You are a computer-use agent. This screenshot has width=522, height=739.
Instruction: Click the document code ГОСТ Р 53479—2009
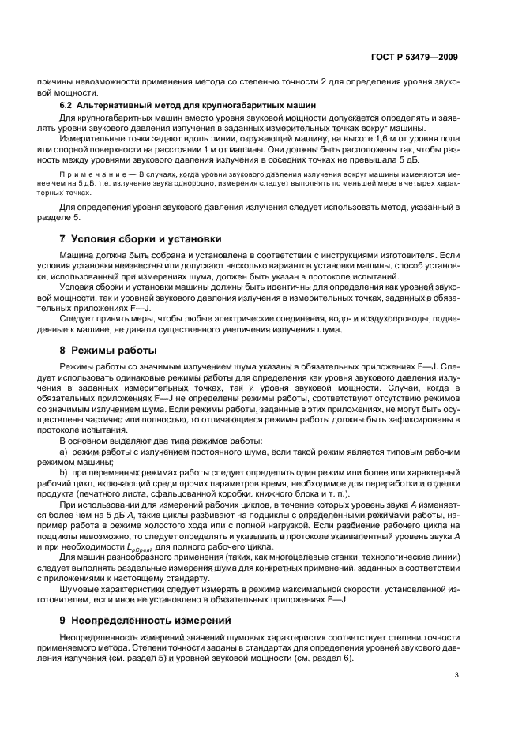tap(415, 57)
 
